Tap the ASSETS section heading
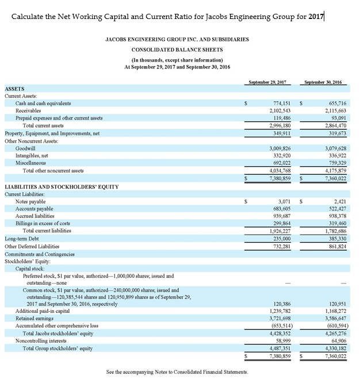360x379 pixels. (14, 89)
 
